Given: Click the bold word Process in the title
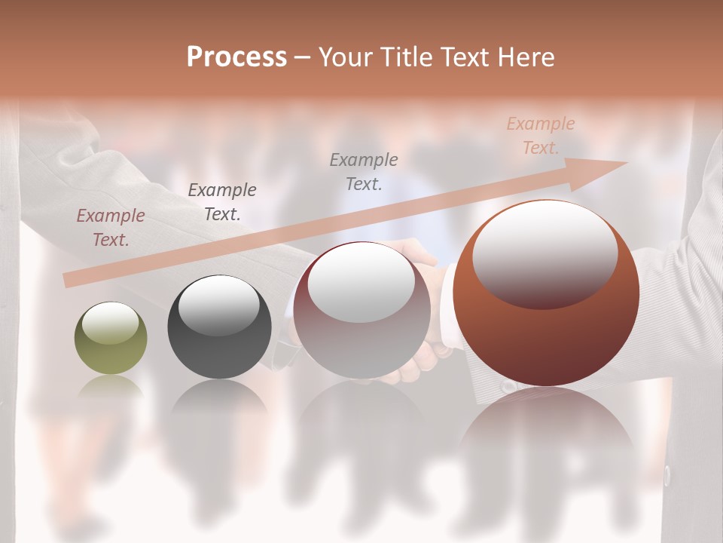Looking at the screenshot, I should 236,57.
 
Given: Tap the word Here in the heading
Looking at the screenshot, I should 528,57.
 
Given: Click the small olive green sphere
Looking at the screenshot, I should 111,339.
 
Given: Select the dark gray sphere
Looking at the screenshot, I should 219,327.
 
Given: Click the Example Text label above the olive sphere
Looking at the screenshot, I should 111,228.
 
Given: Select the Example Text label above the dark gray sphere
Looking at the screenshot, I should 222,202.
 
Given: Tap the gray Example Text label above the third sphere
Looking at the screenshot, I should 364,171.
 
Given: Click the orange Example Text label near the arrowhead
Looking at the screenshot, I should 541,136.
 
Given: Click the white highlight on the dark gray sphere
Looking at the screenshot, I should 219,303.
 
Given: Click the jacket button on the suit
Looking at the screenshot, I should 667,476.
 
